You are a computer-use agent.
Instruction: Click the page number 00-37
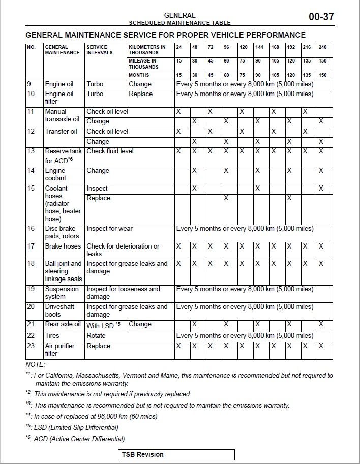321,17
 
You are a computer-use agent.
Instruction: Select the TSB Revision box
177,454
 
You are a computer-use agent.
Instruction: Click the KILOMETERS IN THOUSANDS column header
147,50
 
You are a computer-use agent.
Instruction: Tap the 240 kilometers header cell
323,47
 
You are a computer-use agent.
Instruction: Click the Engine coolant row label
56,174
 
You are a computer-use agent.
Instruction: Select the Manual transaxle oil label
62,115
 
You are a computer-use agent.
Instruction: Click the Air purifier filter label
59,350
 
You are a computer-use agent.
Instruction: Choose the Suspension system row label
62,293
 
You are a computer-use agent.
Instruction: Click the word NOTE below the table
35,365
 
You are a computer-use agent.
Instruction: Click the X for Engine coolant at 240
321,171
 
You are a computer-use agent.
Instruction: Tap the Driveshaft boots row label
59,311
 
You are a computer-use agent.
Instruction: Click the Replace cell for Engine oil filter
141,94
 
